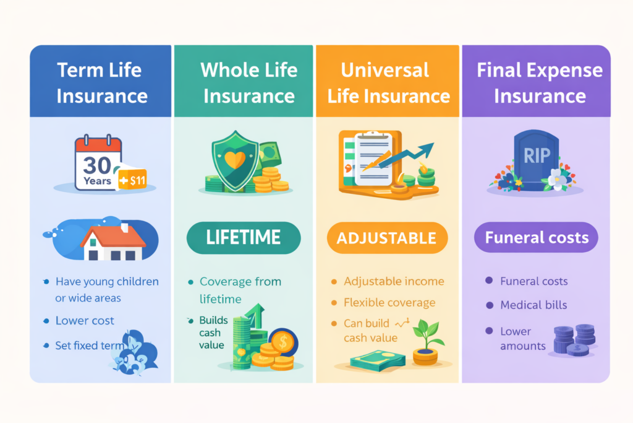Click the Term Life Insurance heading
[102, 83]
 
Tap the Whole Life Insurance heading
[249, 83]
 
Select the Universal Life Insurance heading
[388, 83]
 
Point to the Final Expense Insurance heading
[539, 83]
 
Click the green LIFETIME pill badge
[244, 238]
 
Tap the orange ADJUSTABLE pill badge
[387, 238]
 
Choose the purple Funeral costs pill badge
[536, 237]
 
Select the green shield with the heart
[235, 160]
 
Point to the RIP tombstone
[536, 160]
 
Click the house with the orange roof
[113, 242]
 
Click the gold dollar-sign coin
[283, 342]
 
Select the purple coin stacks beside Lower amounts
[574, 339]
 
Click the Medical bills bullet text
[533, 305]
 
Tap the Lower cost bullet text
[85, 321]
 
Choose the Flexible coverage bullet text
[389, 302]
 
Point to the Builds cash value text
[213, 333]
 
